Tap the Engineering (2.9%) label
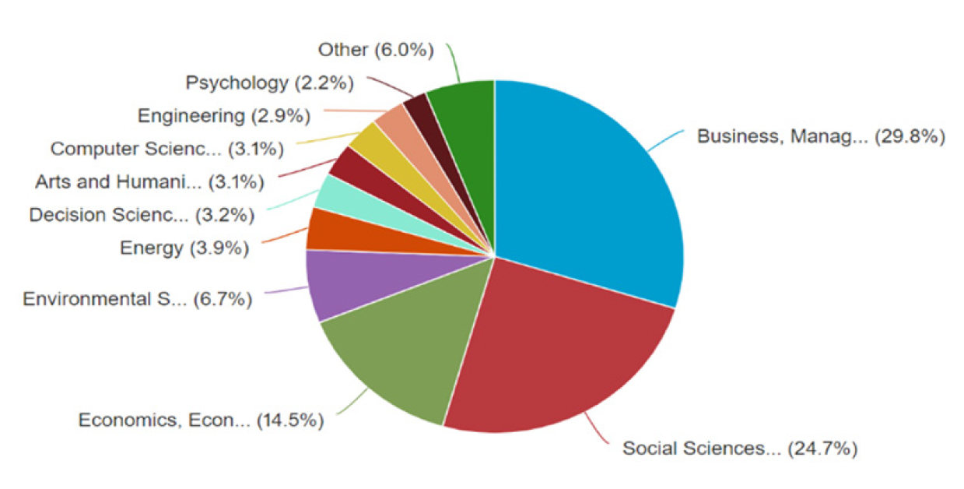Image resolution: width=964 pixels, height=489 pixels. coord(223,116)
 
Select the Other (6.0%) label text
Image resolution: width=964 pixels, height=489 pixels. coord(375,50)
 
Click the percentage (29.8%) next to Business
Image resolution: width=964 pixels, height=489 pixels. coord(910,137)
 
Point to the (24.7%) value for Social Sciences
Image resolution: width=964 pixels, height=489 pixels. coord(822,449)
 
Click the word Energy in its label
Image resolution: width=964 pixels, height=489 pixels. coord(150,248)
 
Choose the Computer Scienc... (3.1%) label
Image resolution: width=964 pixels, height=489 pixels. coord(167,148)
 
